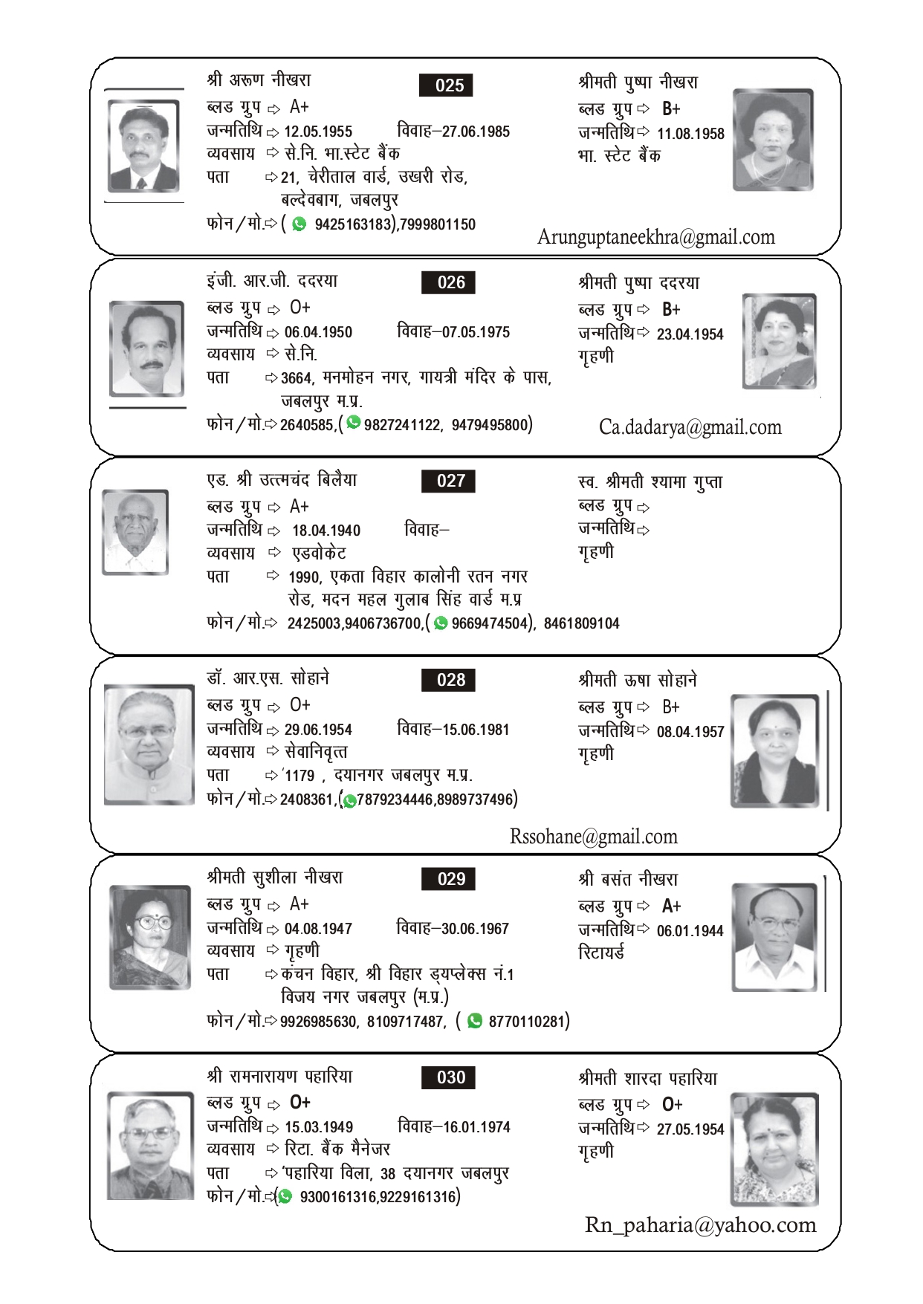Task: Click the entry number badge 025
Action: point(446,85)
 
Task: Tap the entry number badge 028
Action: point(448,680)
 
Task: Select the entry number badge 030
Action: point(448,1077)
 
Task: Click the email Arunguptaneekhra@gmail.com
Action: point(655,237)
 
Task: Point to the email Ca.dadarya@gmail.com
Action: point(690,427)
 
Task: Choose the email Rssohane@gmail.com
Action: point(593,837)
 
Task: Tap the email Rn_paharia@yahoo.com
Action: point(700,1224)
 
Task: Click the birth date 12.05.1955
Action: point(318,132)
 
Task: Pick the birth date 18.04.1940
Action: point(326,531)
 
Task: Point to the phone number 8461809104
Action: point(581,623)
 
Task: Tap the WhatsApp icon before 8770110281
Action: point(474,1021)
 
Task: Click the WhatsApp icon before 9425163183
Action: point(299,224)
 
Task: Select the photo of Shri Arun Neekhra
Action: point(143,146)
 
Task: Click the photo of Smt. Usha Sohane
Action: point(774,750)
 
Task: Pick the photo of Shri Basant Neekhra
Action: point(774,937)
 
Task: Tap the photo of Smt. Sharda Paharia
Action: point(774,1149)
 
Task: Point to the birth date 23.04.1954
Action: point(690,334)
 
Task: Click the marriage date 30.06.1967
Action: point(475,929)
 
